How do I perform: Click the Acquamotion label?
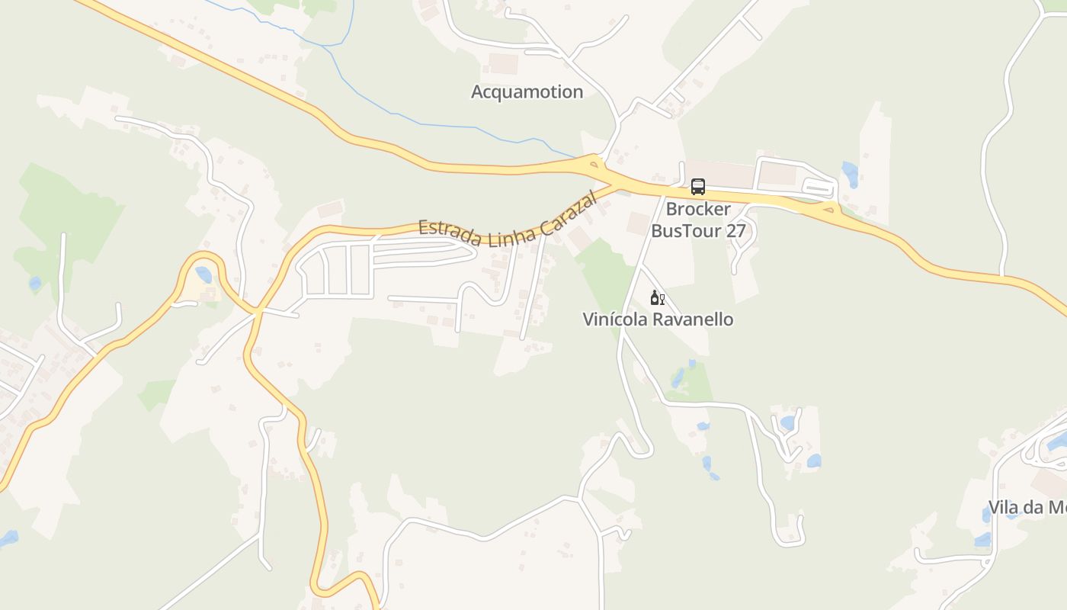(x=527, y=92)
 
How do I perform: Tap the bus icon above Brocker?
(x=697, y=186)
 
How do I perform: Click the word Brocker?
(x=698, y=209)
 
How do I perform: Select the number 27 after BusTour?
(x=735, y=230)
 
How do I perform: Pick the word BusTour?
(x=687, y=230)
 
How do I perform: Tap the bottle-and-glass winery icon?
(x=657, y=297)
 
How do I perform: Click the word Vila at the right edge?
(x=1005, y=508)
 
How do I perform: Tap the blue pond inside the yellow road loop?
(x=203, y=274)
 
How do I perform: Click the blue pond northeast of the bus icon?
(x=850, y=174)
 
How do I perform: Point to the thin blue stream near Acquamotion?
(x=427, y=124)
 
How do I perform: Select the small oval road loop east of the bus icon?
(x=819, y=187)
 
